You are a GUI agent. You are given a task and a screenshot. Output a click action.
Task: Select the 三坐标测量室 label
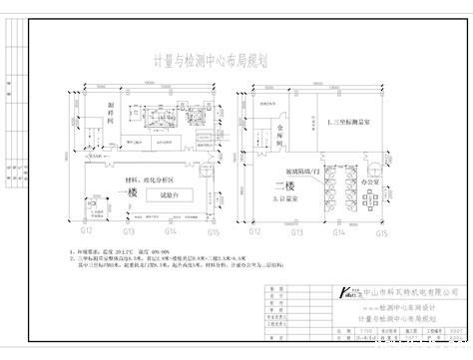click(x=356, y=121)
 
